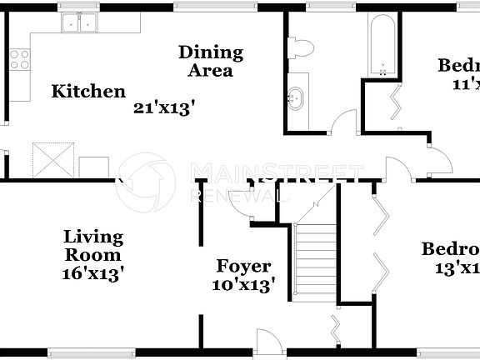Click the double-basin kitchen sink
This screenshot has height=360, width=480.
81,23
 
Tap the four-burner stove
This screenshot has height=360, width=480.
19,58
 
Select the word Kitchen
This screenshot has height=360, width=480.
88,92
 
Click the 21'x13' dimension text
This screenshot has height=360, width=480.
164,107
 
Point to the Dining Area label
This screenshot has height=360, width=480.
210,61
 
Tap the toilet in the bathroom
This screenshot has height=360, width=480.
301,47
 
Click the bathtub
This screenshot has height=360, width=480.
382,42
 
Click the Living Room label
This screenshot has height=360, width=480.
93,247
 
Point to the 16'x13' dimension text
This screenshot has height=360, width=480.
93,272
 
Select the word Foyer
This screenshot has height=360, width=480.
243,267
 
